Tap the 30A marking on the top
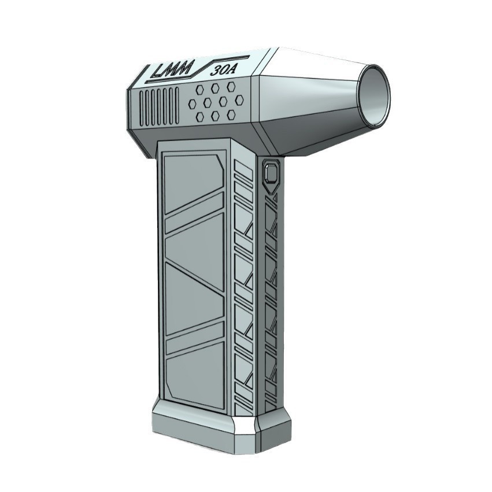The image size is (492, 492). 223,70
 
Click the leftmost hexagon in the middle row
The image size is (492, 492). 193,103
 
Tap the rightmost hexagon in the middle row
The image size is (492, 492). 239,99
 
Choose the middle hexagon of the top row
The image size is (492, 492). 215,88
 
